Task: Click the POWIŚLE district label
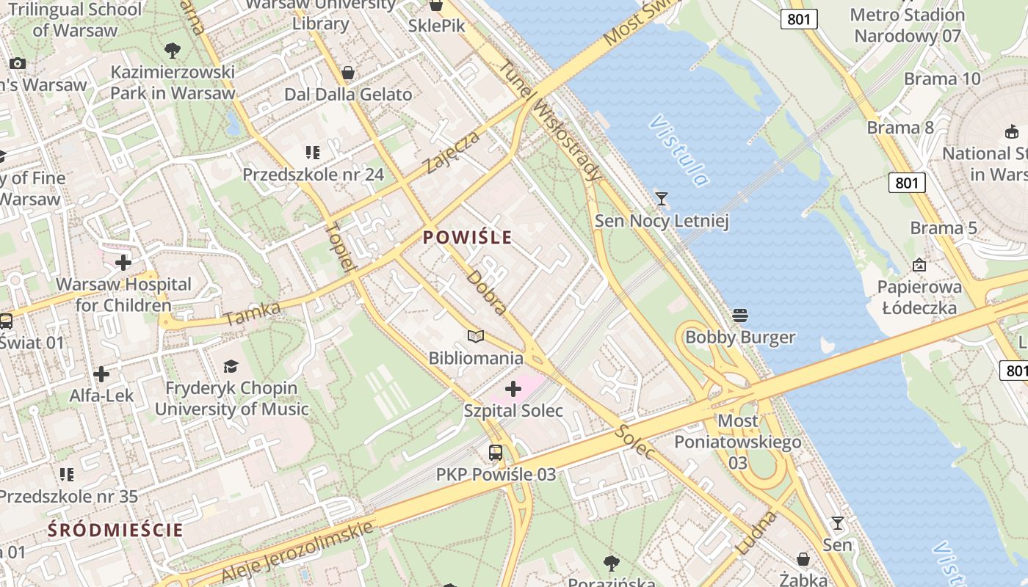pos(468,238)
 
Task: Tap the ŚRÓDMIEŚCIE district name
pos(115,530)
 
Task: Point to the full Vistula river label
pos(679,150)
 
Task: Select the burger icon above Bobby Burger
pos(740,316)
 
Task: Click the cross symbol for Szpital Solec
pos(513,389)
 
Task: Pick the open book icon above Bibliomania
pos(476,337)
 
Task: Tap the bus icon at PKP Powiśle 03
pos(496,453)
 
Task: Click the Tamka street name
pos(252,314)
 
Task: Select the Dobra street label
pos(487,293)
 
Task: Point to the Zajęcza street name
pos(453,153)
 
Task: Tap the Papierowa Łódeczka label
pos(919,297)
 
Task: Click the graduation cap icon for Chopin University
pos(231,366)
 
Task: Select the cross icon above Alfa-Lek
pos(101,374)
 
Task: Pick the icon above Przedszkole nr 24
pos(313,153)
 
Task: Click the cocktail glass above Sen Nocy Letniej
pos(662,198)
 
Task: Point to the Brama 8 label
pos(900,128)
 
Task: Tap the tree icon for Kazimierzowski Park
pos(173,51)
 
